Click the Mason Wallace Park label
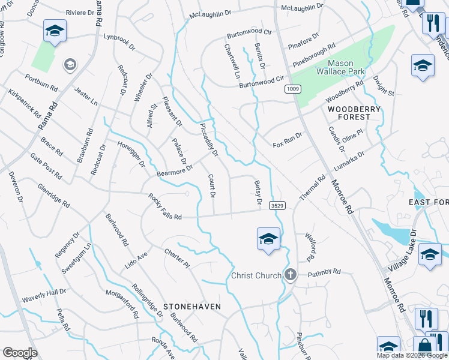click(346, 67)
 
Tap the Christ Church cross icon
click(291, 275)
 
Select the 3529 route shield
click(277, 205)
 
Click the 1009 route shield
click(292, 88)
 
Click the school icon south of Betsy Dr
click(268, 239)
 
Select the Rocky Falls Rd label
click(165, 207)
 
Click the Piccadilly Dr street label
click(208, 137)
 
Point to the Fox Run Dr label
click(288, 145)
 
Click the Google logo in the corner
click(20, 353)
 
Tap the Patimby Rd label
click(324, 272)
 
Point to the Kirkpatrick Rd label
click(25, 103)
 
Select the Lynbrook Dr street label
click(117, 37)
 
